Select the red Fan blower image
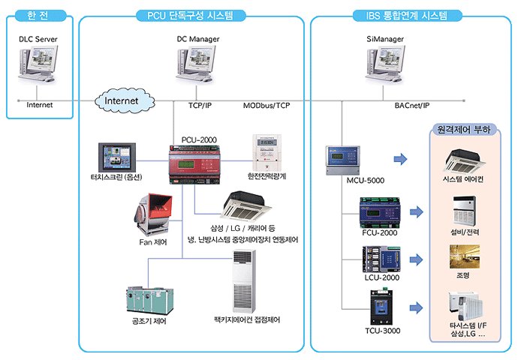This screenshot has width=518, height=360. (x=153, y=214)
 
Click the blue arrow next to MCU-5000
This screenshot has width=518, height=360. (x=400, y=159)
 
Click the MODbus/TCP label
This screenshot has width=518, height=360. (x=266, y=106)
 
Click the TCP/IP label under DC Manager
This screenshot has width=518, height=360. (x=200, y=106)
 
